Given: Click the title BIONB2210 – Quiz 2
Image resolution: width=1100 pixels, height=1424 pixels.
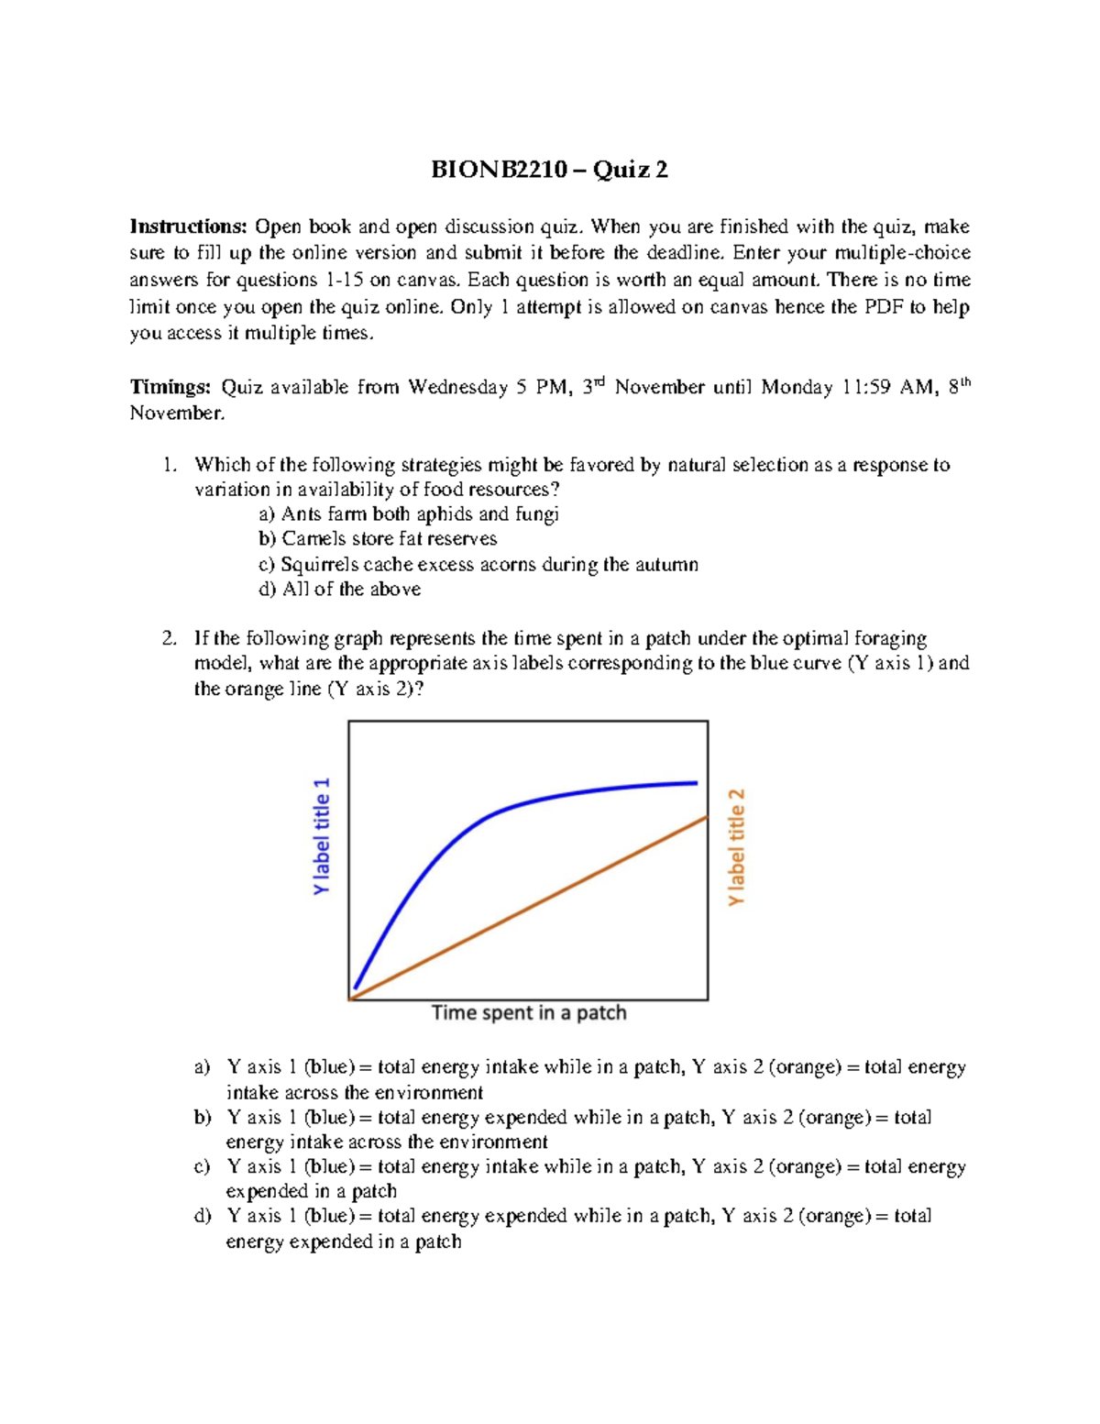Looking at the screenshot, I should click(549, 170).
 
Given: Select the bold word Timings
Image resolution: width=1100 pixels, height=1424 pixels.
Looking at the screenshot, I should click(170, 387).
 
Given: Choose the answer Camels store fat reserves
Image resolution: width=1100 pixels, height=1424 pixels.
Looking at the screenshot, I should click(389, 539).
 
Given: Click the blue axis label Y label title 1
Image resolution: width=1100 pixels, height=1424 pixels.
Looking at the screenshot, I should click(321, 836).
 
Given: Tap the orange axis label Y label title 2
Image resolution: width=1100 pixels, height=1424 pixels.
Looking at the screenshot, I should click(736, 847).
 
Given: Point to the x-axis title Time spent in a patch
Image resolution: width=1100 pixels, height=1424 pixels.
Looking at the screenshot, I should click(529, 1013).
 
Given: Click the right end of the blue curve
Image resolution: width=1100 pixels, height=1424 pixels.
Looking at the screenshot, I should click(696, 783).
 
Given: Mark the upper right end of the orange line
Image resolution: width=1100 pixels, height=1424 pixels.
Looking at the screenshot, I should click(706, 817).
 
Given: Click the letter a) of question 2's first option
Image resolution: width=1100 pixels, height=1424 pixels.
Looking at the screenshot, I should click(202, 1067).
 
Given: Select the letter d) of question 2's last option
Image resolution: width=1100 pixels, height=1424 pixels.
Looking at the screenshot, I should click(202, 1216).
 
